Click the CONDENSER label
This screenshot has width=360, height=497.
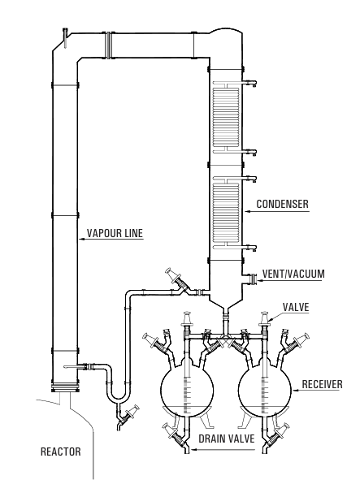[282, 204]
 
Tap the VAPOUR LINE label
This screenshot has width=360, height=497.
[115, 233]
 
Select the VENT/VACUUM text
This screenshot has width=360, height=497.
[293, 274]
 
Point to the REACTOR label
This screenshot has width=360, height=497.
[61, 451]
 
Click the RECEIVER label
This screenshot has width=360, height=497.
[322, 384]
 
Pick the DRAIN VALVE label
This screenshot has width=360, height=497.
[227, 439]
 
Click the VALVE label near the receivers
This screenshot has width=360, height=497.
[296, 307]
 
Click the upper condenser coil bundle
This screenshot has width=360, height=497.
[226, 116]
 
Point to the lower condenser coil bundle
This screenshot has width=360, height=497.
[226, 213]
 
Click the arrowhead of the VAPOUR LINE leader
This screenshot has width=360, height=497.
[80, 239]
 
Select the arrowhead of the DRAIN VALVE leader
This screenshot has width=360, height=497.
[193, 449]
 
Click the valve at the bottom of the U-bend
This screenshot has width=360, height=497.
[128, 415]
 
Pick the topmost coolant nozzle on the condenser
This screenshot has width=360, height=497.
[249, 84]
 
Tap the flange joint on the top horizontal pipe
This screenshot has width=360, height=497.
[109, 45]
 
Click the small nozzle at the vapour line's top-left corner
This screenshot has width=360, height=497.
[66, 37]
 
